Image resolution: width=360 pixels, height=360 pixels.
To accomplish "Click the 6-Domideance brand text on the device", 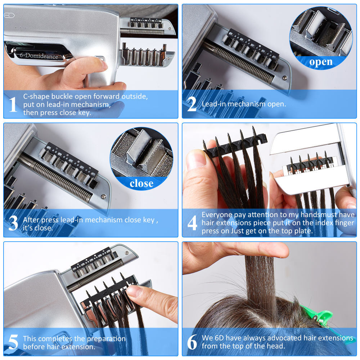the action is coord(39,55).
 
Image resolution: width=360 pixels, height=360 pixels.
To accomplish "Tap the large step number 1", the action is coord(13,104).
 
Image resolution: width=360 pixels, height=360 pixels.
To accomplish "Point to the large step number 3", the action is coord(13,223).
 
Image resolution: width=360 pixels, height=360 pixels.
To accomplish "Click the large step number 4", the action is coord(192,223).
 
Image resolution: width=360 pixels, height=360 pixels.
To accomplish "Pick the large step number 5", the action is coord(13,342).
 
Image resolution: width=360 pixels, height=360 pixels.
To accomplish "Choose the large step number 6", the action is coord(192,342).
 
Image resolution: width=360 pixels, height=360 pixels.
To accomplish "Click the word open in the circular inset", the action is coord(321,62).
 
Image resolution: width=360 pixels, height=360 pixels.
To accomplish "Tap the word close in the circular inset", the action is coord(141,184).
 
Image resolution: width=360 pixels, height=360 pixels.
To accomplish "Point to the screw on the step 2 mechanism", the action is coord(285,78).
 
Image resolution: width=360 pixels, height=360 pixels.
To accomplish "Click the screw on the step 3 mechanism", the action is coord(104,197).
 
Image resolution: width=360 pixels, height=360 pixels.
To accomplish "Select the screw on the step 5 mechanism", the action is coord(126,253).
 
